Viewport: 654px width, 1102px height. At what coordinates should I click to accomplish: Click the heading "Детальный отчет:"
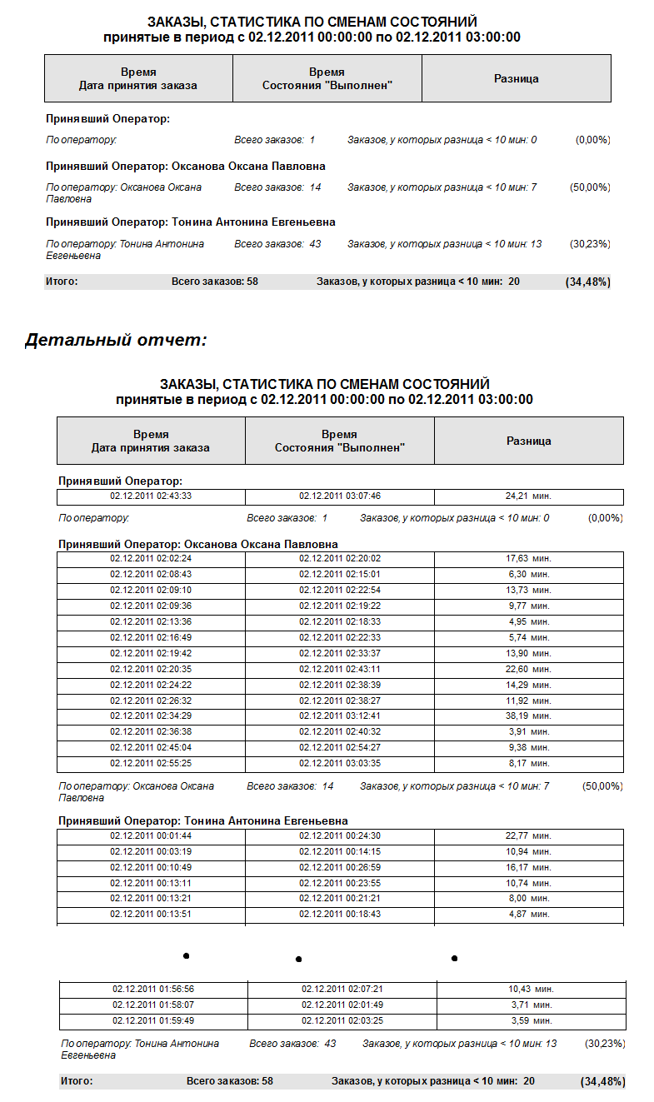116,340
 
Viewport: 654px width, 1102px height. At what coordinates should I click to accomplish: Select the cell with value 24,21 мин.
529,496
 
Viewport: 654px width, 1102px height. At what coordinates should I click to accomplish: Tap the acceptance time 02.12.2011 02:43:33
151,496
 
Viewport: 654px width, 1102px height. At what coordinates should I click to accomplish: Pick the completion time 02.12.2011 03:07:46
340,496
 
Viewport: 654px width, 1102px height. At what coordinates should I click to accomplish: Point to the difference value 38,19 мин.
529,716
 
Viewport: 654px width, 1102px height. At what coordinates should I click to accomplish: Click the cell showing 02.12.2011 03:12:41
340,716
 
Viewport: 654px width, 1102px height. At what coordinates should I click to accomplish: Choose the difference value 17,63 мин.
529,558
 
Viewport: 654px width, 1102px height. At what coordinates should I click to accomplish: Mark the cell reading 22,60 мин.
529,669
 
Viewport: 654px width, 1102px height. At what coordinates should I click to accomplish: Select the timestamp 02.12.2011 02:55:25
151,763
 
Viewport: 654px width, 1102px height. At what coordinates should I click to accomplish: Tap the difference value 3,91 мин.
529,731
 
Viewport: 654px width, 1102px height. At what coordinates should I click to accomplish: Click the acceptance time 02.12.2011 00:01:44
151,835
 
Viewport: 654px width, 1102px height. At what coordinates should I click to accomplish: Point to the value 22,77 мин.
529,835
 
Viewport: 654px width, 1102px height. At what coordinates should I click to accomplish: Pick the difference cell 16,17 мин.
529,867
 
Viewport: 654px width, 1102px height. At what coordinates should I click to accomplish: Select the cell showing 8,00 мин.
529,899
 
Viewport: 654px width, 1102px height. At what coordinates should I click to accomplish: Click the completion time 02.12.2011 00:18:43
340,915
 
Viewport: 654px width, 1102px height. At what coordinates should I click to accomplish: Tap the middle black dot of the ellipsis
298,960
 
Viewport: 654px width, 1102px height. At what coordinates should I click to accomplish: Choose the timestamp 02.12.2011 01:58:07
153,1005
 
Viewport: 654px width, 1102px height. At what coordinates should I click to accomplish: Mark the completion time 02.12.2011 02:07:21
342,989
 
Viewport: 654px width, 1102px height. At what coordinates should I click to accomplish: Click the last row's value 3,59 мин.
531,1020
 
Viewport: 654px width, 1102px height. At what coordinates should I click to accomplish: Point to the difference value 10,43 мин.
531,989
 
